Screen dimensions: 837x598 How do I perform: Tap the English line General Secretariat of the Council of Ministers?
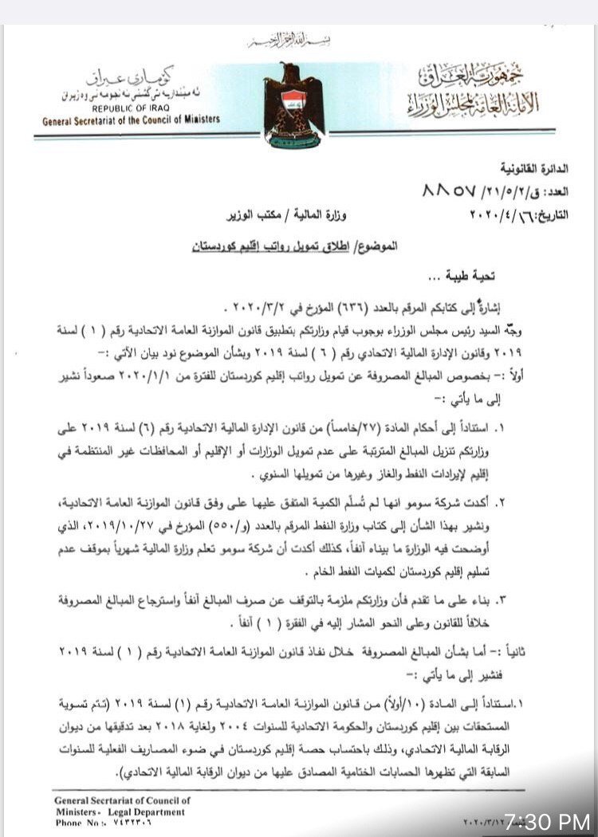coord(132,120)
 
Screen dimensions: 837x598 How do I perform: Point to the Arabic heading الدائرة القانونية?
coord(535,169)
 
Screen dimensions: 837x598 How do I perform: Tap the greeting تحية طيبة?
coord(465,276)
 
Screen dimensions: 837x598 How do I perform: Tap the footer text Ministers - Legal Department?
coord(120,812)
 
